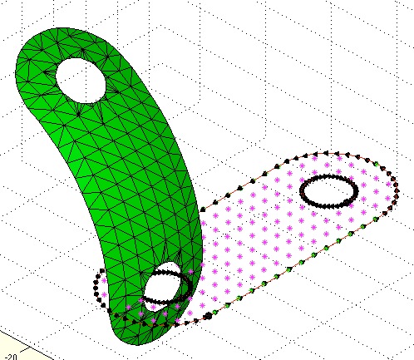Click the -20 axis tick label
click(11, 357)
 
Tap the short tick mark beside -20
click(24, 350)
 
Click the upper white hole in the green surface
click(81, 81)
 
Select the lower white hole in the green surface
click(162, 285)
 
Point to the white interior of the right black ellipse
click(328, 191)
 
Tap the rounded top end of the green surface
click(60, 29)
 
